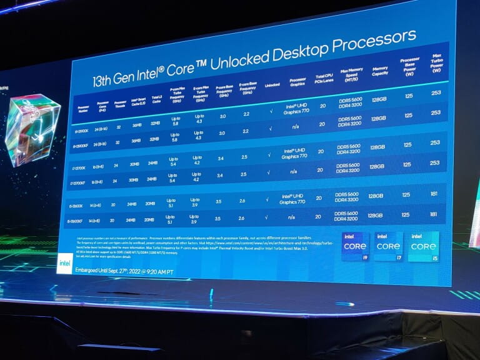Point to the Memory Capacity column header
coord(379,72)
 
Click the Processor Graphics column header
coord(297,84)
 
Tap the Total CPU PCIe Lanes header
coord(324,78)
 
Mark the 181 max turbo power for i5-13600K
coord(434,194)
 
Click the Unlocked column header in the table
coord(271,86)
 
